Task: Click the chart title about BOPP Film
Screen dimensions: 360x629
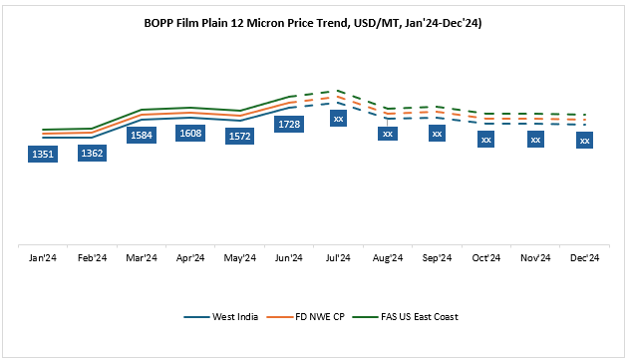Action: pyautogui.click(x=314, y=21)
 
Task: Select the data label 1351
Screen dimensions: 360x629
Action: pyautogui.click(x=43, y=154)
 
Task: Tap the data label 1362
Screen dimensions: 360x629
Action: pyautogui.click(x=92, y=154)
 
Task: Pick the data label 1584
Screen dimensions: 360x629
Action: pyautogui.click(x=142, y=134)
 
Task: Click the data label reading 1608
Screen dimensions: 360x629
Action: pyautogui.click(x=190, y=132)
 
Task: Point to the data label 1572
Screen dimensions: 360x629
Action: pyautogui.click(x=239, y=136)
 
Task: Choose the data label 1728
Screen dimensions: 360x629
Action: pyautogui.click(x=289, y=124)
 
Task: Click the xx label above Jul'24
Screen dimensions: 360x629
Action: pyautogui.click(x=338, y=119)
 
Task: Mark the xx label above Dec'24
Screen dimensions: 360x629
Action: pyautogui.click(x=584, y=141)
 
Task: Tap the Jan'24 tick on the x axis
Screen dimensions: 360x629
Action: pyautogui.click(x=43, y=257)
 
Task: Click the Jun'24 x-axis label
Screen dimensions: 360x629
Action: pyautogui.click(x=289, y=257)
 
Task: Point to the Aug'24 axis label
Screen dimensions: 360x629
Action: pyautogui.click(x=388, y=257)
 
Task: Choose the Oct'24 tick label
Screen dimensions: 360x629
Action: pyautogui.click(x=485, y=257)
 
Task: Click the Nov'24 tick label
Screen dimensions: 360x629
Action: pyautogui.click(x=535, y=257)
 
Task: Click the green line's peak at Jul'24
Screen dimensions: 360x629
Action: pyautogui.click(x=338, y=91)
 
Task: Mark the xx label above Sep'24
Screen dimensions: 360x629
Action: pyautogui.click(x=437, y=133)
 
